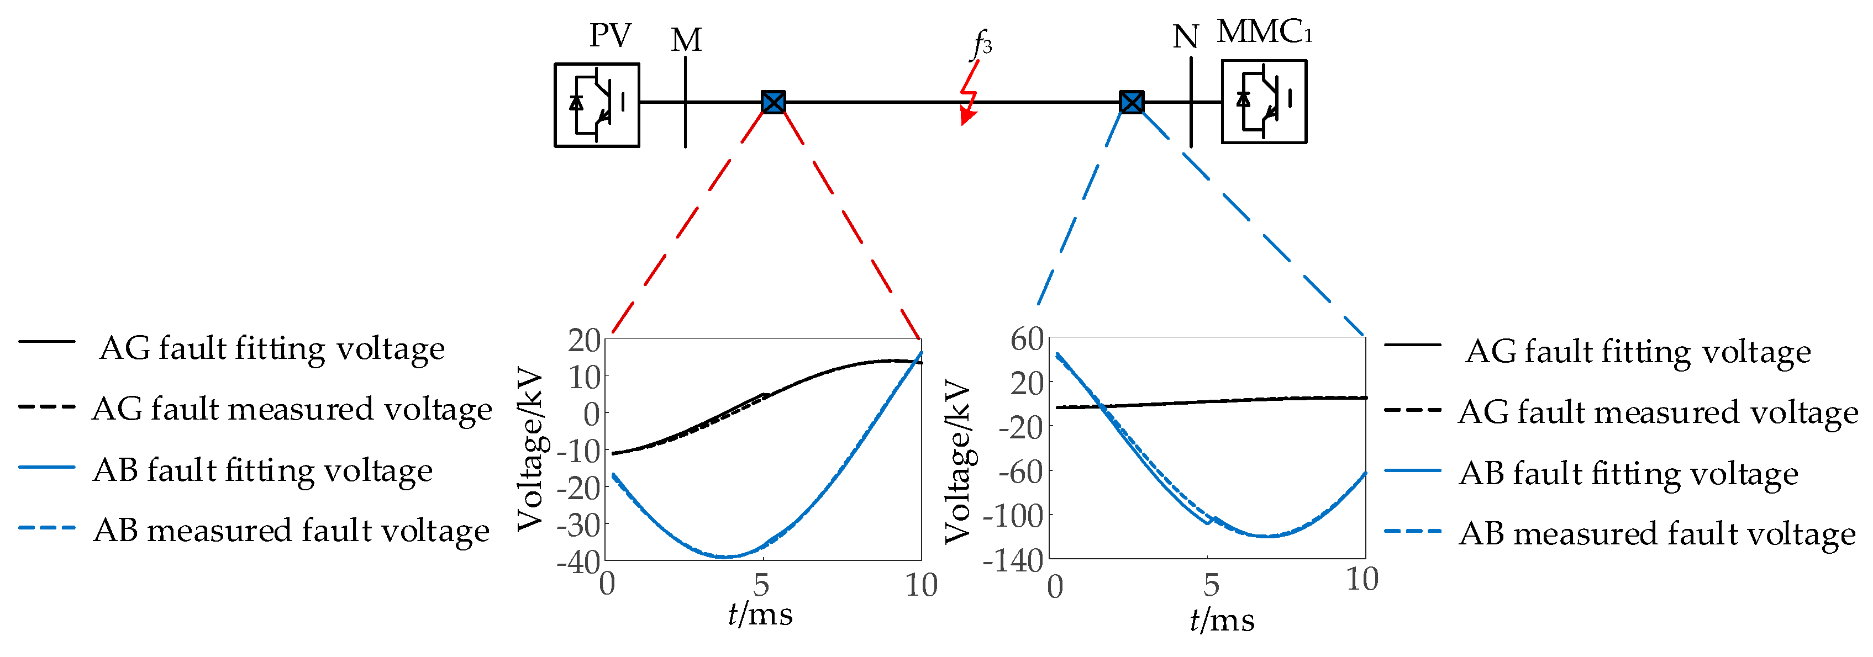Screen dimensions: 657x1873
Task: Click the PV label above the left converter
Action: (x=609, y=36)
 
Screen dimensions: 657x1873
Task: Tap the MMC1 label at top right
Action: (x=1265, y=32)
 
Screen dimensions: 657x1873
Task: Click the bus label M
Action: (x=686, y=41)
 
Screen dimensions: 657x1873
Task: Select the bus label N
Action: (x=1185, y=37)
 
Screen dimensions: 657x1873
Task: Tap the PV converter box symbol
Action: (x=597, y=105)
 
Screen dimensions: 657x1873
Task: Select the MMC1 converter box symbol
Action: (x=1264, y=102)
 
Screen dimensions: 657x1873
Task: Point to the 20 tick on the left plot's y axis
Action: (x=584, y=340)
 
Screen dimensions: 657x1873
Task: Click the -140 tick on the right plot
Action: (x=1013, y=561)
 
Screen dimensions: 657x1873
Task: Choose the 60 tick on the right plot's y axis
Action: (x=1027, y=338)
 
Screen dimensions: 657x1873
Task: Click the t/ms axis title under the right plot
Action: (x=1222, y=620)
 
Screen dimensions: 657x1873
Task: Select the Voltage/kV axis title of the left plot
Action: (x=531, y=450)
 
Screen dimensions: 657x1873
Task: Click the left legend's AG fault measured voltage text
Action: (x=292, y=409)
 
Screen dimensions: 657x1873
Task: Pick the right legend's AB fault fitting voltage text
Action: (x=1629, y=473)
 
